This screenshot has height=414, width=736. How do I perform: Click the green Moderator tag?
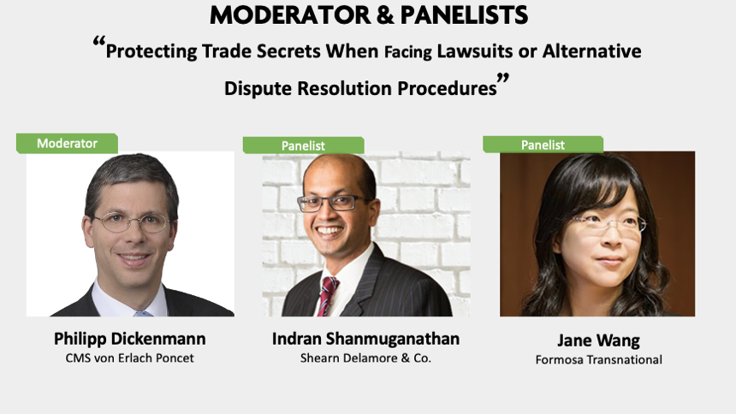click(x=67, y=143)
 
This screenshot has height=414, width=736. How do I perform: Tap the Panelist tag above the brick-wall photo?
click(x=303, y=145)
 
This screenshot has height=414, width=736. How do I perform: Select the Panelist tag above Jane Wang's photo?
click(x=543, y=145)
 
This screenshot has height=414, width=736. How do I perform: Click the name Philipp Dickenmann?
click(x=129, y=339)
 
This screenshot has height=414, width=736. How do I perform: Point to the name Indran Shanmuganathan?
click(x=365, y=339)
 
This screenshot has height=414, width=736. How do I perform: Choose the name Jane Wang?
click(x=598, y=340)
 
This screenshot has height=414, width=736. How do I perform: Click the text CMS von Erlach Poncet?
click(x=129, y=358)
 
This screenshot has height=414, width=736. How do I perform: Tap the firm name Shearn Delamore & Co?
click(x=365, y=358)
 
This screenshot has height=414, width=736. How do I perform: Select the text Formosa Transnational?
click(x=599, y=360)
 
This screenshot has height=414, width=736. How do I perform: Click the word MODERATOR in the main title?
click(x=289, y=15)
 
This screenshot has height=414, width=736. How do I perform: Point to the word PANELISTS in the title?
click(x=464, y=15)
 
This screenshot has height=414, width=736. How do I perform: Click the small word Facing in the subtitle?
click(x=408, y=52)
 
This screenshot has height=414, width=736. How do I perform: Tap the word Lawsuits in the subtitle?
click(x=475, y=50)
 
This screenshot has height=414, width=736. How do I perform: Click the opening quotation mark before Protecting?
click(x=99, y=42)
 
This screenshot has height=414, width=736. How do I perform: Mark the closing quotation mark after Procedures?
click(x=503, y=79)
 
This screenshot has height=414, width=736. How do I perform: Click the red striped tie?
click(x=327, y=296)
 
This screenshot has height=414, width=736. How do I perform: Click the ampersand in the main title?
click(x=384, y=15)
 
